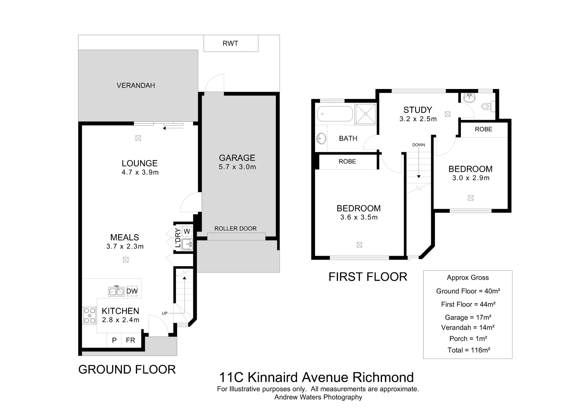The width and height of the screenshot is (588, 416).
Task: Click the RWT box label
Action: (x=230, y=44)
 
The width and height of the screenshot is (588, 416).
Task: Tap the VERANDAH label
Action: (x=136, y=86)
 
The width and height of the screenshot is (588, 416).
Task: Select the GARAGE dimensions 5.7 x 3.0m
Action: (x=237, y=167)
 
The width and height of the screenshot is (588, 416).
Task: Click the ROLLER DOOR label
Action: (x=235, y=228)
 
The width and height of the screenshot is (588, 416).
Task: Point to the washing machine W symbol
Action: (x=187, y=231)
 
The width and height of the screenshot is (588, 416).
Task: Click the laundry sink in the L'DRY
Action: (x=187, y=244)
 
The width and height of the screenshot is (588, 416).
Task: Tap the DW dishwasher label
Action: (x=132, y=291)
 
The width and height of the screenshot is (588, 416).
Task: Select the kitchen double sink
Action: (x=116, y=291)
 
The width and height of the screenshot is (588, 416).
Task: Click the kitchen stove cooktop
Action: (x=90, y=315)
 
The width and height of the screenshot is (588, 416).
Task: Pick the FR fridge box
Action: (x=131, y=340)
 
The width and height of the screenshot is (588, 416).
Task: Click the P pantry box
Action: (x=114, y=340)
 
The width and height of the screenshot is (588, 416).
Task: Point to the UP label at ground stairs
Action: (x=164, y=313)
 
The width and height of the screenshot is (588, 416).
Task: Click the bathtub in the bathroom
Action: (x=335, y=114)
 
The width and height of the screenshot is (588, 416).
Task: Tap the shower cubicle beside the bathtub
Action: (x=365, y=114)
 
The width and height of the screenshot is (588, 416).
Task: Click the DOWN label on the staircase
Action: (x=419, y=145)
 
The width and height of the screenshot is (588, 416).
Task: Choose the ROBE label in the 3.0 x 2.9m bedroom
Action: (x=483, y=129)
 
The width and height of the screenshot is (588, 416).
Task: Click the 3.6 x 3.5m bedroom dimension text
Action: (x=359, y=217)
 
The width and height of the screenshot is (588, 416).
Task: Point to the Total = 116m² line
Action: (x=468, y=350)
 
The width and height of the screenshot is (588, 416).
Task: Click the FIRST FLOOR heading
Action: (x=368, y=277)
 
